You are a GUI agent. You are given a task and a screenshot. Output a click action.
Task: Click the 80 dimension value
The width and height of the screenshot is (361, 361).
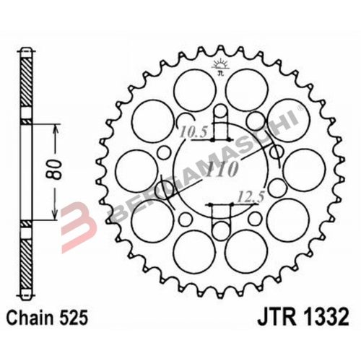pyautogui.click(x=63, y=170)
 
